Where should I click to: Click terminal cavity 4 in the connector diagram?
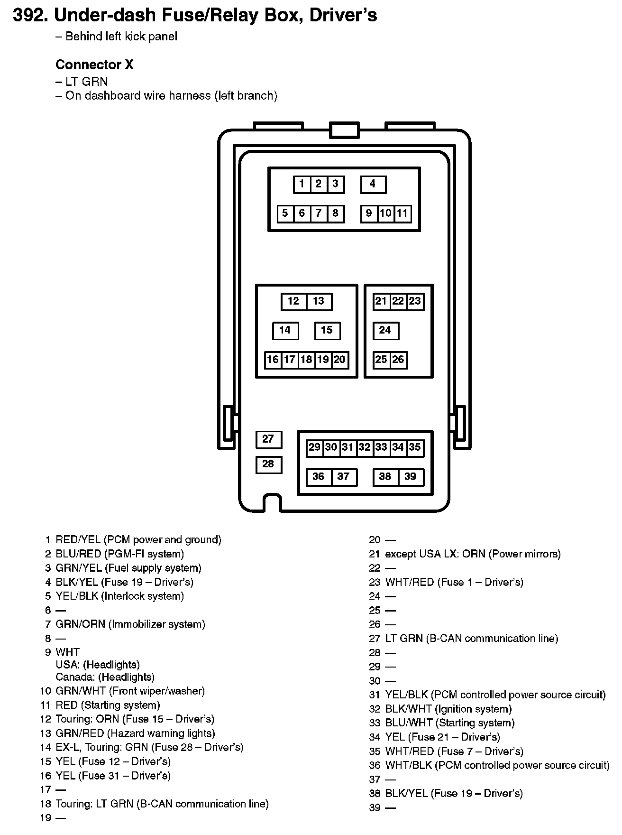tap(373, 184)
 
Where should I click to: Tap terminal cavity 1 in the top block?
tap(302, 184)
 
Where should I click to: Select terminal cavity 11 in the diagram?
tap(402, 213)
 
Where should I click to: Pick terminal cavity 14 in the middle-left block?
tap(285, 330)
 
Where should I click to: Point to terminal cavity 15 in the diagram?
tap(327, 330)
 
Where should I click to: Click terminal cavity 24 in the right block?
tap(385, 330)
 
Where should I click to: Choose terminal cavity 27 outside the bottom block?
tap(268, 439)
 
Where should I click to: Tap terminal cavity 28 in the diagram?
tap(268, 464)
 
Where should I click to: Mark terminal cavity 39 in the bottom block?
tap(411, 477)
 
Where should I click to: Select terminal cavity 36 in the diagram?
tap(319, 477)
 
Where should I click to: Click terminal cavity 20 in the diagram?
tap(340, 360)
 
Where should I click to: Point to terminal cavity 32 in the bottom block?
tap(365, 447)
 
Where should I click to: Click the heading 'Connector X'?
tap(94, 65)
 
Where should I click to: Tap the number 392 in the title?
tap(28, 15)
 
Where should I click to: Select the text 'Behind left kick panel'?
tap(121, 37)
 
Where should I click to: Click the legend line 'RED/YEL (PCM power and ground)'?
tap(138, 540)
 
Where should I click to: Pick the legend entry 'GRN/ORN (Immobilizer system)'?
tap(130, 624)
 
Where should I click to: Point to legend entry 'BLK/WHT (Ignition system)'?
tap(448, 709)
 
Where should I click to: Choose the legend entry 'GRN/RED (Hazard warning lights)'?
tap(135, 733)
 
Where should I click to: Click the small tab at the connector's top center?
tap(344, 130)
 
